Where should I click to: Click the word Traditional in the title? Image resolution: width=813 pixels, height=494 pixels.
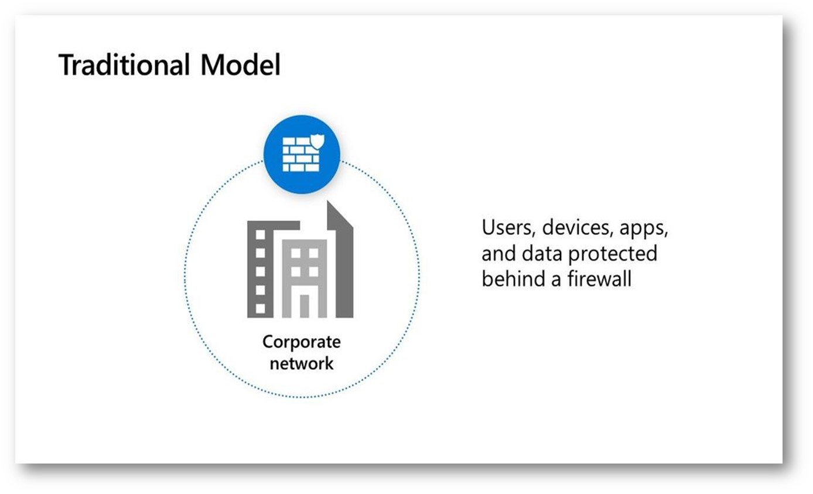(x=124, y=64)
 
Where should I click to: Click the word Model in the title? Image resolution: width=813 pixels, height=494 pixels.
(x=240, y=64)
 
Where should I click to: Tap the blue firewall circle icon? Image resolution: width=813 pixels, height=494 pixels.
(x=302, y=154)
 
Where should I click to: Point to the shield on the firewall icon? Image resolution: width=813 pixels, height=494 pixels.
(x=318, y=141)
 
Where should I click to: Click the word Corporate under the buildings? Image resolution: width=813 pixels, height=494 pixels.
(x=302, y=342)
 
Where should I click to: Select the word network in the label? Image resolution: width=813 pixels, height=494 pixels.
(x=302, y=363)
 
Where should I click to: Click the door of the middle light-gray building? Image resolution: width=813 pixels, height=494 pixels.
(x=304, y=306)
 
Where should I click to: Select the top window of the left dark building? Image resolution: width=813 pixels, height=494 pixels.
(x=260, y=234)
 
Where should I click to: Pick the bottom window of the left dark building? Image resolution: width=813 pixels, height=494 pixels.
(x=260, y=308)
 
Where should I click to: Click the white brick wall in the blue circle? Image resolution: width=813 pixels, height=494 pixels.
(x=301, y=154)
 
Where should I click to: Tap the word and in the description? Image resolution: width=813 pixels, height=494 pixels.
(x=498, y=254)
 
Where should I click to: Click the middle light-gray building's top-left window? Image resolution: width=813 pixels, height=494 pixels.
(x=295, y=253)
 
